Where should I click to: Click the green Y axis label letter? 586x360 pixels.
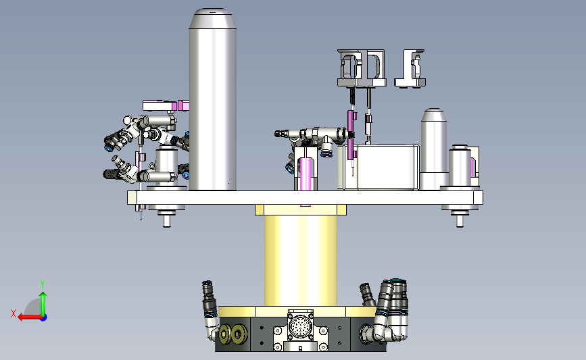(43, 284)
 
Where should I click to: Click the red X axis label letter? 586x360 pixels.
(14, 313)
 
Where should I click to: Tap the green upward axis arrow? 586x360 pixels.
(43, 303)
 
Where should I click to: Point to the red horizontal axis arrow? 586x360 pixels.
(30, 317)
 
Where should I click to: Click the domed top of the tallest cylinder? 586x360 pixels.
(213, 18)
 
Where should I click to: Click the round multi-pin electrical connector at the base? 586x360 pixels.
(301, 326)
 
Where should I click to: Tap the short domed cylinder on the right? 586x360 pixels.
(434, 149)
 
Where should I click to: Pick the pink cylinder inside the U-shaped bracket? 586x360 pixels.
(306, 174)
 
